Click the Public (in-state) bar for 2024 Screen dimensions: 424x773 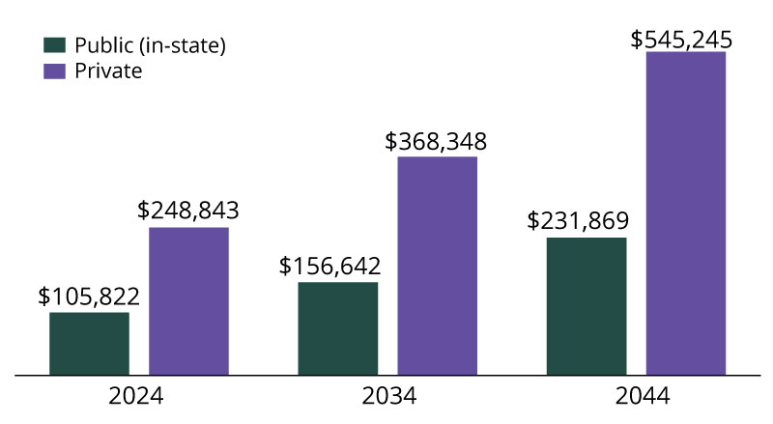coord(89,343)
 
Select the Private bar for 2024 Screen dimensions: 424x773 coord(188,300)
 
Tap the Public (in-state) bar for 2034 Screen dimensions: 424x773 coord(337,328)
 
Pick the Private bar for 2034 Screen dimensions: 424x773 coord(437,265)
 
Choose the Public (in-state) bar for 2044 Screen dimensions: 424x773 coord(587,305)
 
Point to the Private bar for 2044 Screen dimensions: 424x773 coord(686,212)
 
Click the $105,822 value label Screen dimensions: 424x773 coord(89,296)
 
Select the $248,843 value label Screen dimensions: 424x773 coord(188,211)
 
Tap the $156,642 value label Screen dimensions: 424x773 coord(330,266)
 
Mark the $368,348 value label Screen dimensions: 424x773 coord(436,140)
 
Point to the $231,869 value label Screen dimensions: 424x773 coord(579,220)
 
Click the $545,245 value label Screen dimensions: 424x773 coord(681,40)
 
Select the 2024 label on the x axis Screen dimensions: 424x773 coord(135,397)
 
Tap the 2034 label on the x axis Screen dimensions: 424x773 coord(388,397)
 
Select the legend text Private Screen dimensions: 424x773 coord(108,71)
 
